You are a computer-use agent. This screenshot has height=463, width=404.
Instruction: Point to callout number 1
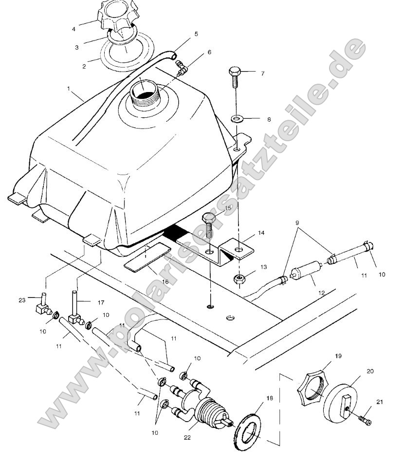(69, 90)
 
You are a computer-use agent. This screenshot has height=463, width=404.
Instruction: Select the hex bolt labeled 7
(234, 74)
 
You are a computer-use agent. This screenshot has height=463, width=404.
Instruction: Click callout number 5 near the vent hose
(196, 34)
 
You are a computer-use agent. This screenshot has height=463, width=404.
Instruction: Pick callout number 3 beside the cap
(76, 48)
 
